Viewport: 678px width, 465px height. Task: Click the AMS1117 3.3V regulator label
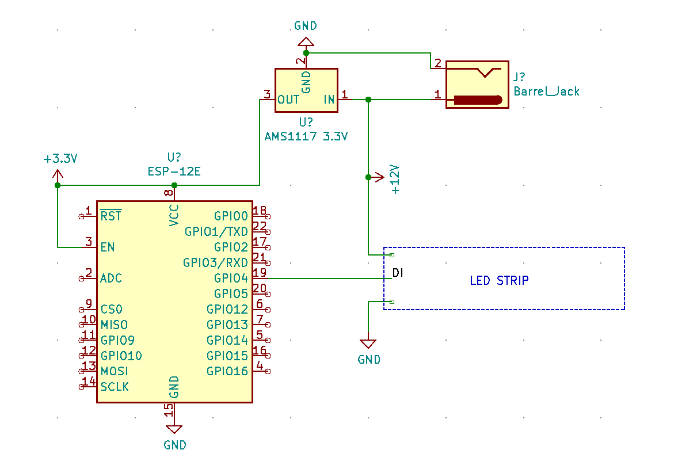point(306,136)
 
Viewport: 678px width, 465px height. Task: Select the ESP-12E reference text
point(174,171)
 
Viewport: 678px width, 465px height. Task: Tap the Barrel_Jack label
point(546,92)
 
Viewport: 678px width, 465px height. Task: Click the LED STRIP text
point(499,281)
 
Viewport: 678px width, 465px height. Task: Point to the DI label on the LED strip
point(397,272)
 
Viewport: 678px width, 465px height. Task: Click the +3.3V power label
point(60,159)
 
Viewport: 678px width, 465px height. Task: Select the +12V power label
point(395,179)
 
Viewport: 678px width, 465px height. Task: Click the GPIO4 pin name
point(231,278)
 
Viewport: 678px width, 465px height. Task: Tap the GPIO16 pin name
point(227,371)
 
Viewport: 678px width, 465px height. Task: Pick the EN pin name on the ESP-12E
point(107,247)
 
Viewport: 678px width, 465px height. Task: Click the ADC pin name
point(111,278)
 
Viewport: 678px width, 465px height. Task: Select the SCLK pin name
point(115,387)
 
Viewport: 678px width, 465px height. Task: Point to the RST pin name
point(111,216)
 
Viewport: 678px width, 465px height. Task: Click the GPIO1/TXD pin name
point(216,231)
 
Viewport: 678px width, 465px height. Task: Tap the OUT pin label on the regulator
point(288,100)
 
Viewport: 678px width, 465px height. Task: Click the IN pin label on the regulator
point(329,100)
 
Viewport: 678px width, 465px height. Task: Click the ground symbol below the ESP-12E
point(174,429)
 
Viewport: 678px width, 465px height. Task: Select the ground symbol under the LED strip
point(368,344)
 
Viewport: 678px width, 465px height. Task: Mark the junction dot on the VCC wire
point(174,185)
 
